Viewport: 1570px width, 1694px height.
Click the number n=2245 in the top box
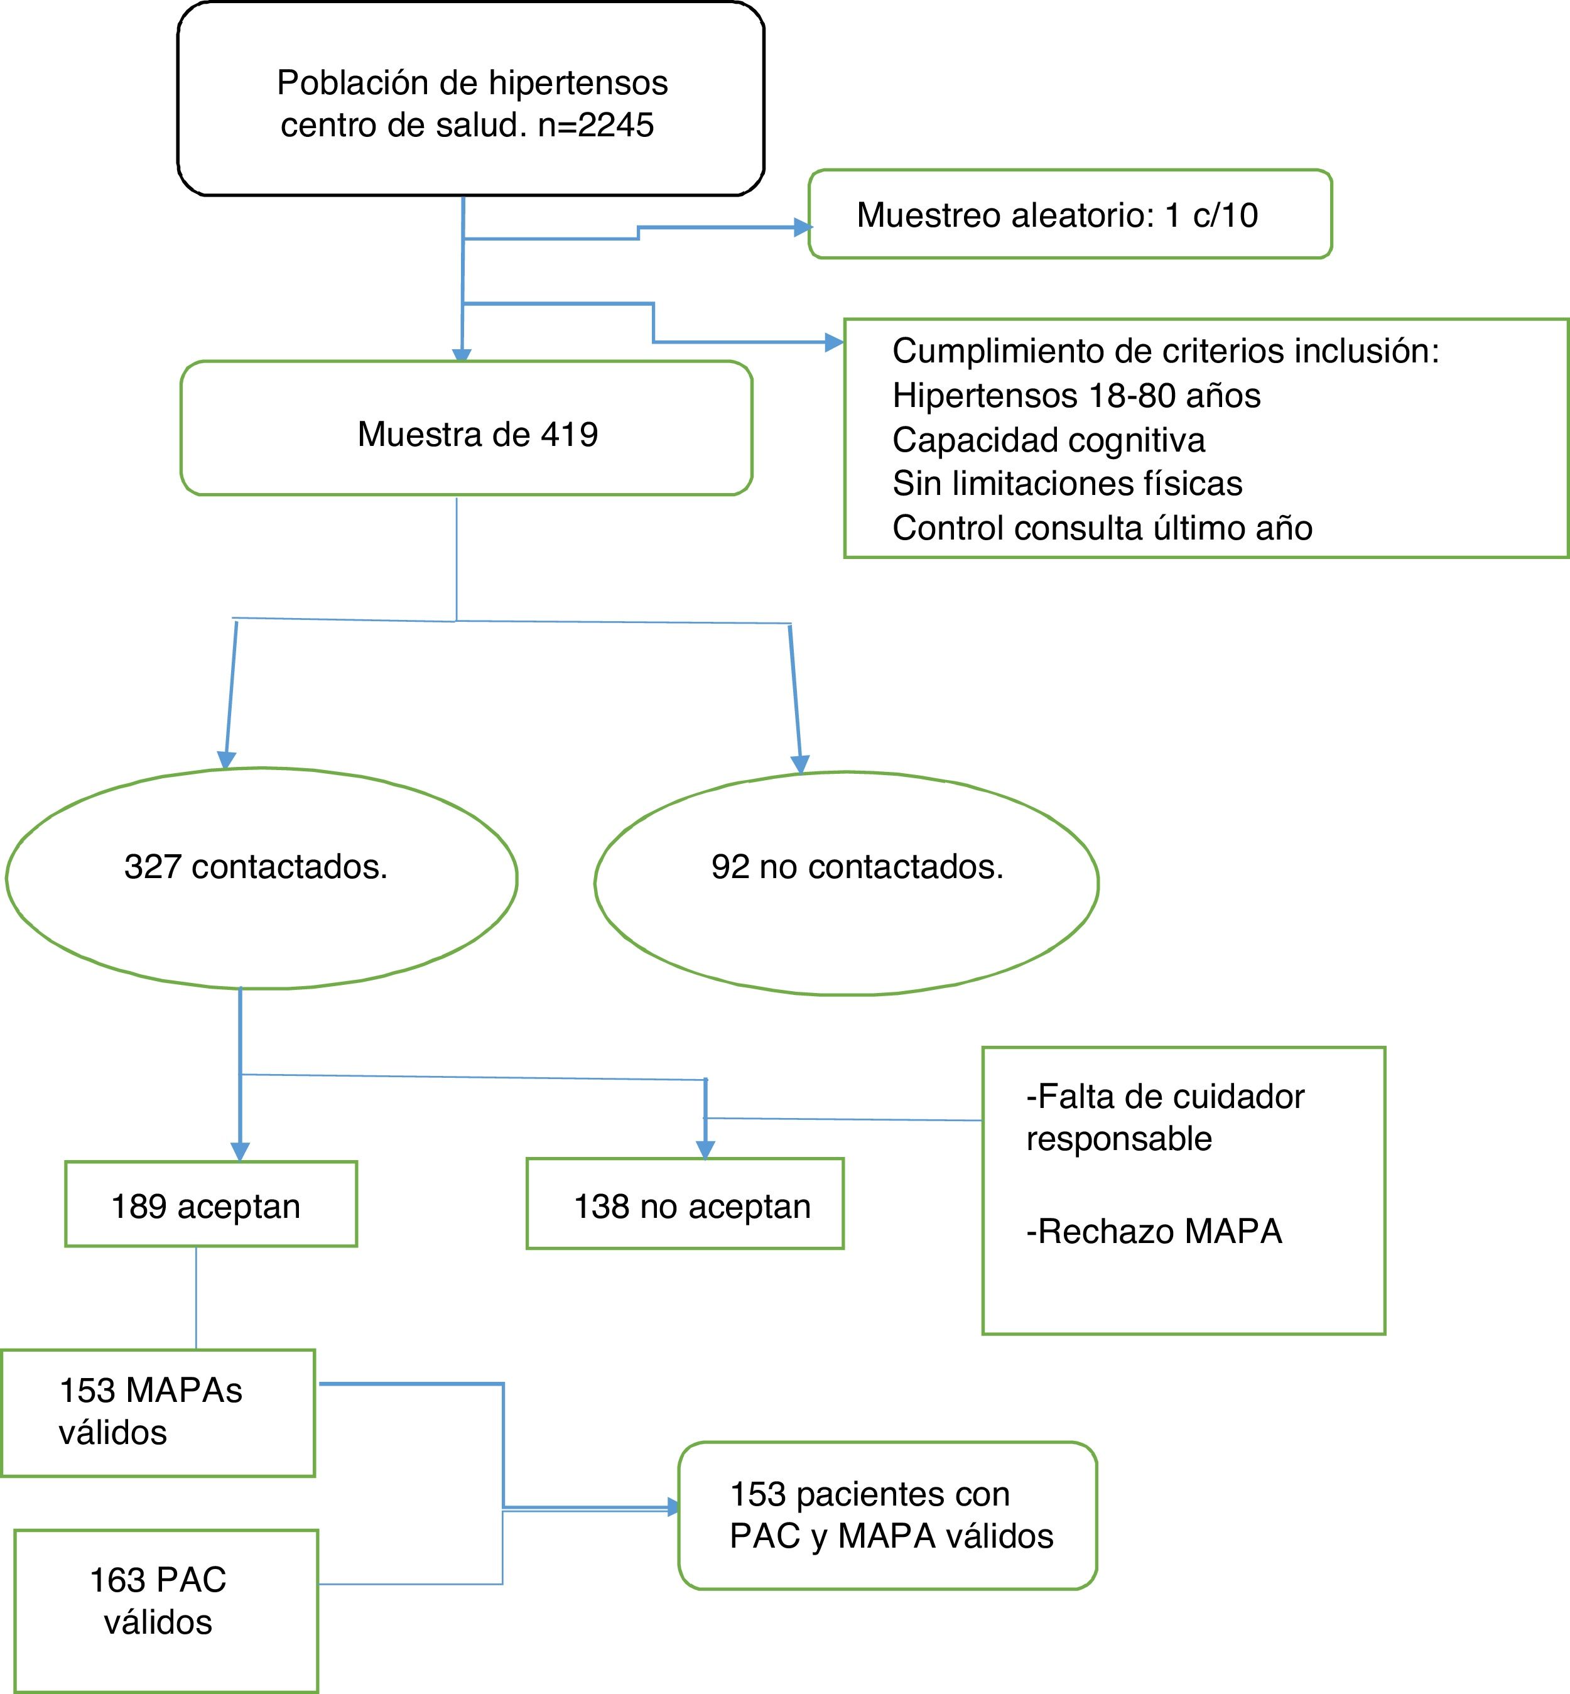597,125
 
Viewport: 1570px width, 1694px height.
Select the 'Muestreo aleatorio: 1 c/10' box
1069,214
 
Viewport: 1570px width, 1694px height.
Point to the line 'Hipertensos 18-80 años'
1076,396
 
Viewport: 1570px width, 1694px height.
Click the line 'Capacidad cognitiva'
1048,440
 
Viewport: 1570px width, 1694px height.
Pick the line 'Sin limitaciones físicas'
1067,484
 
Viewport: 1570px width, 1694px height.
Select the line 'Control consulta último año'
1102,528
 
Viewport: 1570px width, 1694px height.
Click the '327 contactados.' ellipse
261,877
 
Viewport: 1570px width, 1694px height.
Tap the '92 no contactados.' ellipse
846,882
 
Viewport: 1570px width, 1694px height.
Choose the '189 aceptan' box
210,1205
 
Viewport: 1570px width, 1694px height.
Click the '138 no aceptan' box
685,1205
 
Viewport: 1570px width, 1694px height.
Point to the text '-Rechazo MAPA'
1154,1232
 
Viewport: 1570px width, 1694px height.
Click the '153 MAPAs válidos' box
158,1412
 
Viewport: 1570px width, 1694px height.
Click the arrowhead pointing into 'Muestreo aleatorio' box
802,227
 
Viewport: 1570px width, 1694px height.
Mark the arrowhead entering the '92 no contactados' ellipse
799,764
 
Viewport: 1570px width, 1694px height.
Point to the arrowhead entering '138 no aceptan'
705,1149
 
